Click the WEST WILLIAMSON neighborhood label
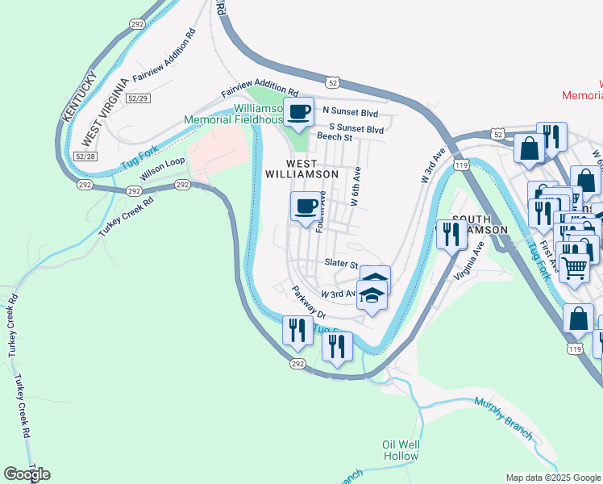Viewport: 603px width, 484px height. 301,167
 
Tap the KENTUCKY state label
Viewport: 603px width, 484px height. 80,97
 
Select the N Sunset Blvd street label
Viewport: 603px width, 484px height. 350,111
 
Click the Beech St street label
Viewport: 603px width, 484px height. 335,138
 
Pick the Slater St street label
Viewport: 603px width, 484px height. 341,264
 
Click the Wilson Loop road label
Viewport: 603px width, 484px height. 163,169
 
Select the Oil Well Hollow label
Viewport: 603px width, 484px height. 401,450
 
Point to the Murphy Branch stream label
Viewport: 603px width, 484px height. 504,419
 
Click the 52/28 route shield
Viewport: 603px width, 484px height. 84,155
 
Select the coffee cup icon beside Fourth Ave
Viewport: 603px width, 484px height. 305,207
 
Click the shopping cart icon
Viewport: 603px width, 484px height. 574,265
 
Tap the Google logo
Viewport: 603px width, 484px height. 27,474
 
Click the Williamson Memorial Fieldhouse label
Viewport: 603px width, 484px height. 234,114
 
